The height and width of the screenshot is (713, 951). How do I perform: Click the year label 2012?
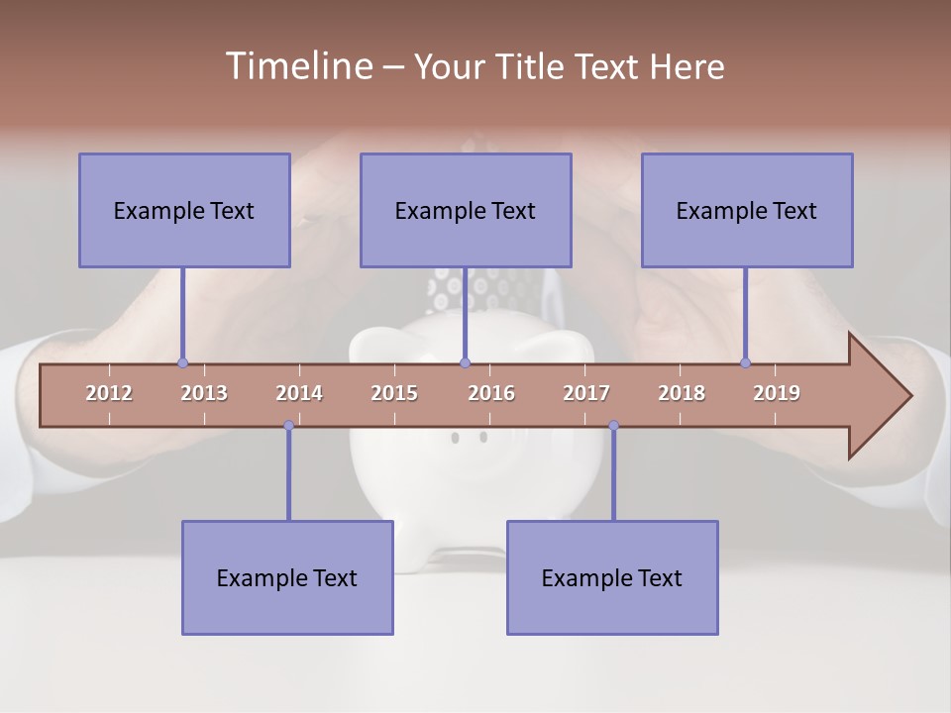109,393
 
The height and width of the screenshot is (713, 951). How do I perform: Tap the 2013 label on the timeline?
204,393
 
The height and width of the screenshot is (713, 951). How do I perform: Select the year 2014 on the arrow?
299,393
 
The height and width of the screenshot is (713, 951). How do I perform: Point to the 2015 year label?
394,393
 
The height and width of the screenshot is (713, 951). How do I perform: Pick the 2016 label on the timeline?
491,393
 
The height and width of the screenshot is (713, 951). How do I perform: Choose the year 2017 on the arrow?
586,393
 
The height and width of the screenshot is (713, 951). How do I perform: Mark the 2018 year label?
682,393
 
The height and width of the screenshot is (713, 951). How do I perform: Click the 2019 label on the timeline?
777,393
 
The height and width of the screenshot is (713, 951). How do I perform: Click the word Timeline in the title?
297,66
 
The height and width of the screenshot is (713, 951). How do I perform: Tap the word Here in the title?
687,67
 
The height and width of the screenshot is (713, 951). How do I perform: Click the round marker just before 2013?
182,363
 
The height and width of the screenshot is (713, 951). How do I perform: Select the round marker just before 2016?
466,363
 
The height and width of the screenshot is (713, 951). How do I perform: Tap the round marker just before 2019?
746,363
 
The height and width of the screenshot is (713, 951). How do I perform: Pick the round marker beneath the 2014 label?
288,426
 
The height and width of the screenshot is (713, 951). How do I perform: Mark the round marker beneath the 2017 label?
613,426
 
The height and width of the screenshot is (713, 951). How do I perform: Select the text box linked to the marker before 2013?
184,210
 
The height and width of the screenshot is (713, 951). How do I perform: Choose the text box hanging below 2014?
287,577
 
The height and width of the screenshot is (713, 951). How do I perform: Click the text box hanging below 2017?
612,577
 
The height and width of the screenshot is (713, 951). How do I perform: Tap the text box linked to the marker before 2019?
747,210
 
